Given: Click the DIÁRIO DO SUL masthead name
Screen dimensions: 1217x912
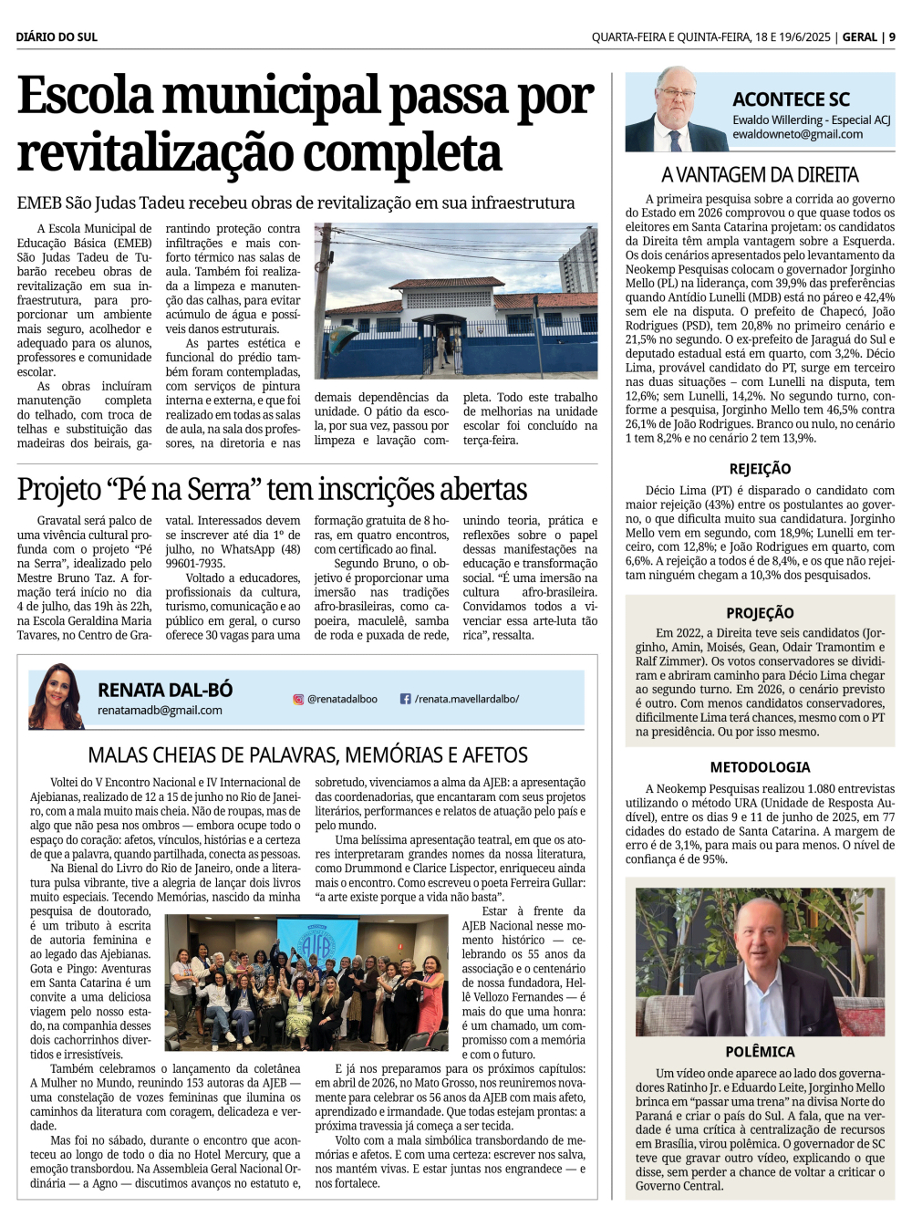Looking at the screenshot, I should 57,37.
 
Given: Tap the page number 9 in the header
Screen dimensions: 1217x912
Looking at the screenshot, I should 892,37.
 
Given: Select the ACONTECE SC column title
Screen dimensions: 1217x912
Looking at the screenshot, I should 791,99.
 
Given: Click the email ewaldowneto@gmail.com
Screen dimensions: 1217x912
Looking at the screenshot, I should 797,134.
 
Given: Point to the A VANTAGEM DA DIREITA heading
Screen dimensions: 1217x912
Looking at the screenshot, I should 760,174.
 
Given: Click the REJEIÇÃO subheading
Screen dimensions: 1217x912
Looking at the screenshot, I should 760,469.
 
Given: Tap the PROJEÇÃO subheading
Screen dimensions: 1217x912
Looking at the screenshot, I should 760,613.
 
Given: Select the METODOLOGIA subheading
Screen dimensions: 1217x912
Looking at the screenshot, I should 760,767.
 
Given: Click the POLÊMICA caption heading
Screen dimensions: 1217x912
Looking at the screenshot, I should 760,1051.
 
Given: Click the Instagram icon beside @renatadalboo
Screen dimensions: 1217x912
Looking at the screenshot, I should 298,699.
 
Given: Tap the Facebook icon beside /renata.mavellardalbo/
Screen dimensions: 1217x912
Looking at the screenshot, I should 405,699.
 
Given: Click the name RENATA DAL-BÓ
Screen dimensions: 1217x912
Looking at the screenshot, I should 165,690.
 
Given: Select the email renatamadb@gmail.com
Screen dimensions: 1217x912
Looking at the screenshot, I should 160,710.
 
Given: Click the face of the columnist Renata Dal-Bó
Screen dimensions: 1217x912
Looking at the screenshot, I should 57,691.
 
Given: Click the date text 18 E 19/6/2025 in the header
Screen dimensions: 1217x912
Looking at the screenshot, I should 792,37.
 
